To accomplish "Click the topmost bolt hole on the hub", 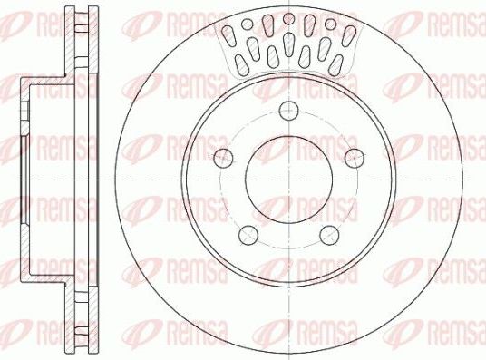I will pyautogui.click(x=289, y=112).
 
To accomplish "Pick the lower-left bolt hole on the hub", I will pyautogui.click(x=247, y=236).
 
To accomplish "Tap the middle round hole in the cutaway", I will pyautogui.click(x=288, y=18).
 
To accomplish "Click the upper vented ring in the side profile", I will pyautogui.click(x=84, y=42).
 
